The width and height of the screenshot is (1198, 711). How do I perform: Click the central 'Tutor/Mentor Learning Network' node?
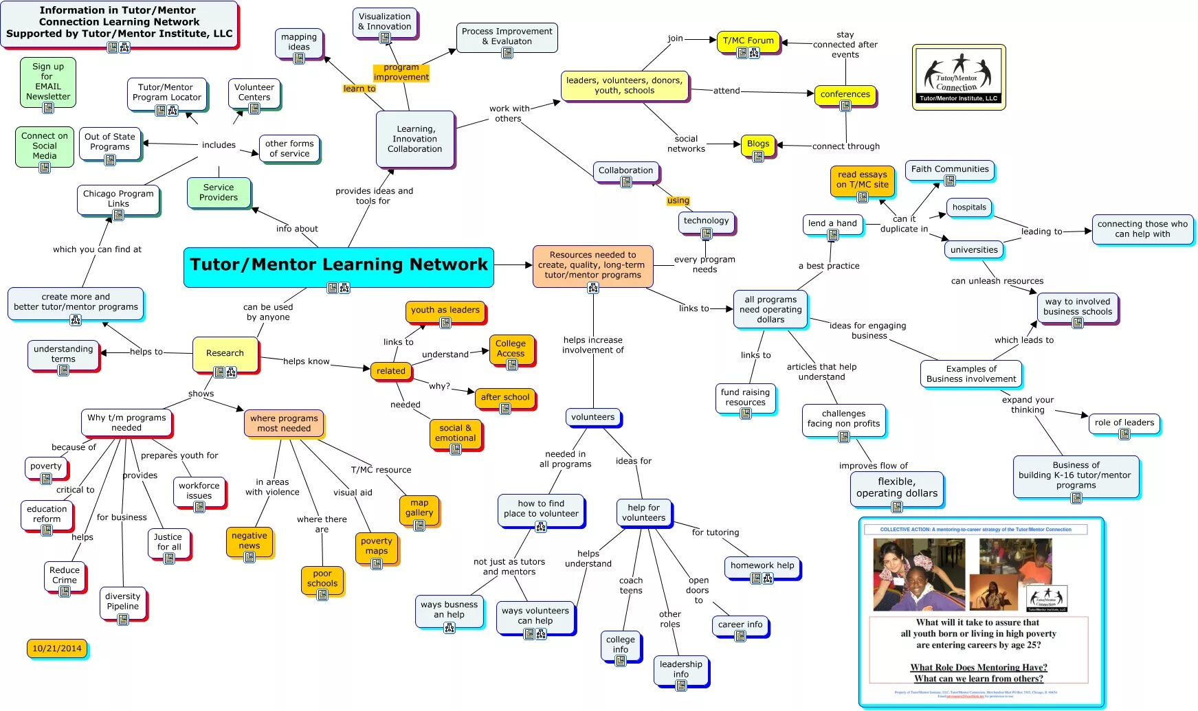tap(338, 266)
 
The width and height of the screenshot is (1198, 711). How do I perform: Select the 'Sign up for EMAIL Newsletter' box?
tap(48, 82)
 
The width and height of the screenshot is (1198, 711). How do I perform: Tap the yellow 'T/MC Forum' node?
tap(748, 41)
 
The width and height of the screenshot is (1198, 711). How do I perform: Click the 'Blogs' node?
tap(757, 144)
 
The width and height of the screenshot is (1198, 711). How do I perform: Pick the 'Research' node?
tap(225, 353)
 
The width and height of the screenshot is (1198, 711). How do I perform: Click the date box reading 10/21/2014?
tap(57, 648)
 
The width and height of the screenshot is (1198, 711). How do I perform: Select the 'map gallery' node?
tap(419, 508)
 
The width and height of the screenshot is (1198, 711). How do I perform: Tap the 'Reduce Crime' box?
tap(65, 576)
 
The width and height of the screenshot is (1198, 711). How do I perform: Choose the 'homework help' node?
tap(762, 566)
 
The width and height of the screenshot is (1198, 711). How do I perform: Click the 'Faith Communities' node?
tap(950, 170)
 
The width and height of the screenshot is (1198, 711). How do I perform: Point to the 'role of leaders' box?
tap(1124, 423)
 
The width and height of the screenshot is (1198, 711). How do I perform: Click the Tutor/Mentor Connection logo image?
tap(959, 77)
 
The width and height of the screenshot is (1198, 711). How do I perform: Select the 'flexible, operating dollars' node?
tap(896, 488)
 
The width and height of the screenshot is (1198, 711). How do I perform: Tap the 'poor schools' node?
tap(322, 579)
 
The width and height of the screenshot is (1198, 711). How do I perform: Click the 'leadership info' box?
tap(680, 670)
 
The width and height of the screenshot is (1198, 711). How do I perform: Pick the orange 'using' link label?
tap(678, 201)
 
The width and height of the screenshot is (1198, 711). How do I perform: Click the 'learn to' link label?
tap(359, 89)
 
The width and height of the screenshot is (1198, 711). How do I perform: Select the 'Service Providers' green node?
tap(219, 192)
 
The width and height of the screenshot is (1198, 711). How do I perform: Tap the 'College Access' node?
tap(511, 349)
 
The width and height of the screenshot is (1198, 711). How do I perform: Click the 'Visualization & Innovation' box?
tap(385, 23)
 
